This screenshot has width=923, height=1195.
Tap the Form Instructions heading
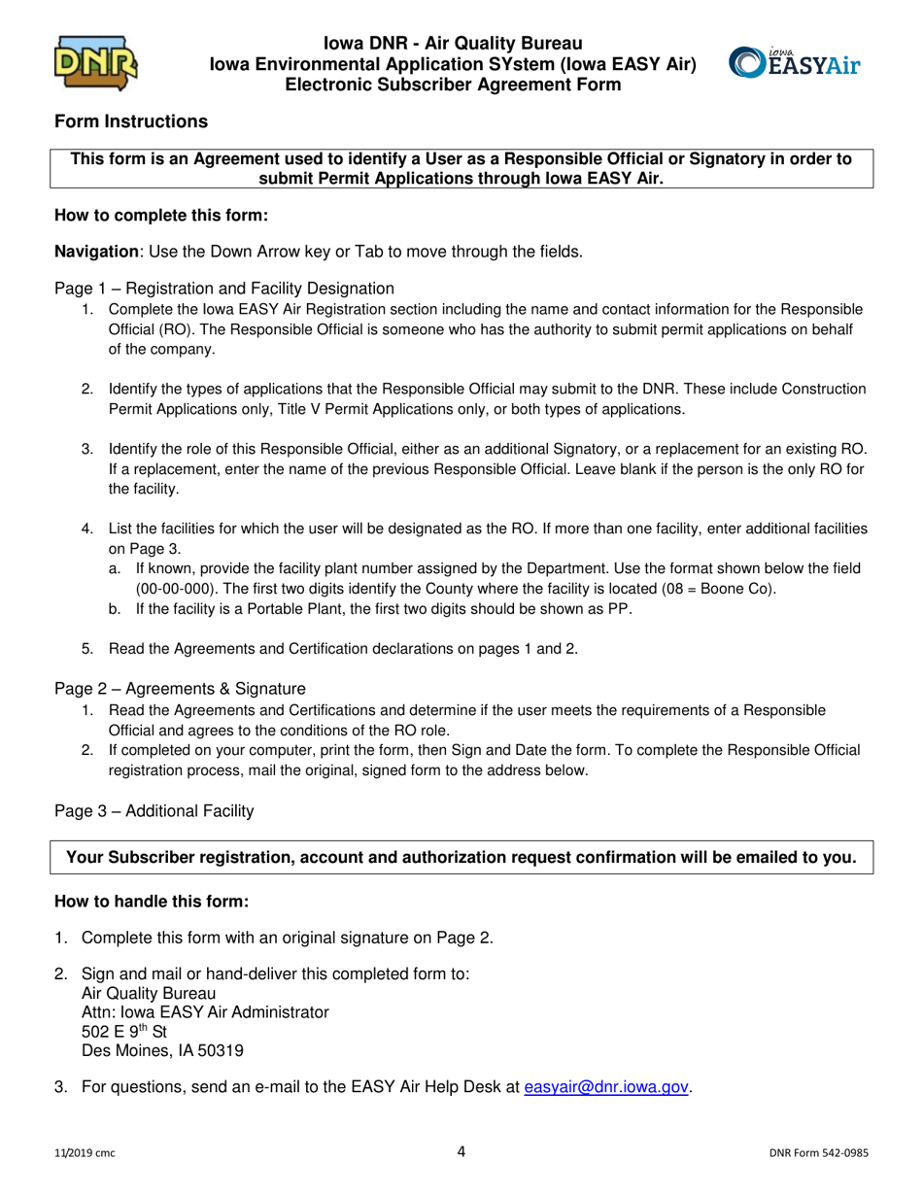click(x=130, y=121)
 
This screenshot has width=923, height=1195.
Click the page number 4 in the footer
click(x=461, y=1152)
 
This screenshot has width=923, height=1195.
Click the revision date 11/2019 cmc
click(x=86, y=1154)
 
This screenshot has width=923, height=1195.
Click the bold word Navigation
click(x=96, y=252)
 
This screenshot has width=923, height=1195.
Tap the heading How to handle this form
click(x=153, y=902)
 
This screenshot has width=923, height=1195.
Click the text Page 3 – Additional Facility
click(x=154, y=810)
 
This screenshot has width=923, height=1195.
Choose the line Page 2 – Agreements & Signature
click(x=180, y=689)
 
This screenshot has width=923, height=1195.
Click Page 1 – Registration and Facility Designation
click(x=224, y=288)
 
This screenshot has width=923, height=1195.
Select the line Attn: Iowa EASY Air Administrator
click(x=205, y=1012)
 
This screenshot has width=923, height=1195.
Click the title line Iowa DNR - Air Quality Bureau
click(x=454, y=44)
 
